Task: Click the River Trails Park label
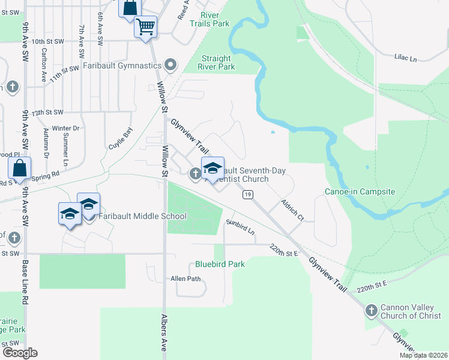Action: (209, 19)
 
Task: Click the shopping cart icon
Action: (145, 26)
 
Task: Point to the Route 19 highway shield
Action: (247, 194)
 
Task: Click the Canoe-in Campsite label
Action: (360, 191)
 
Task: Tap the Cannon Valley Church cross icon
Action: (372, 311)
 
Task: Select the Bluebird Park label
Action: (220, 263)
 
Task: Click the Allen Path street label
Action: (185, 278)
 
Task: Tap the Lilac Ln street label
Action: (405, 58)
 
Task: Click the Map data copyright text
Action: (423, 355)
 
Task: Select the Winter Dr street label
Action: (65, 128)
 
